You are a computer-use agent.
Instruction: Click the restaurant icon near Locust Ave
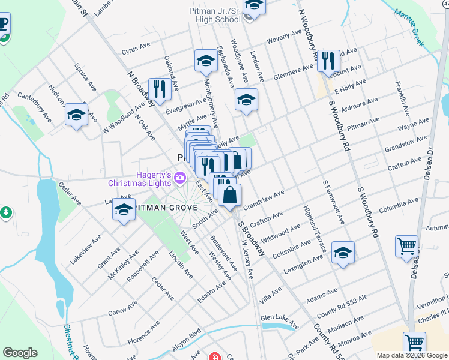[328, 61]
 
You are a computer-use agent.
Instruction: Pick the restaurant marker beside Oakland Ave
[159, 91]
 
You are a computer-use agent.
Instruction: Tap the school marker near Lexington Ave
[343, 253]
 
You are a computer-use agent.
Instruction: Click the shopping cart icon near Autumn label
[406, 246]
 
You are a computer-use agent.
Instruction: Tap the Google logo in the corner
[20, 353]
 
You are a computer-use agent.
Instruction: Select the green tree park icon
[6, 212]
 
